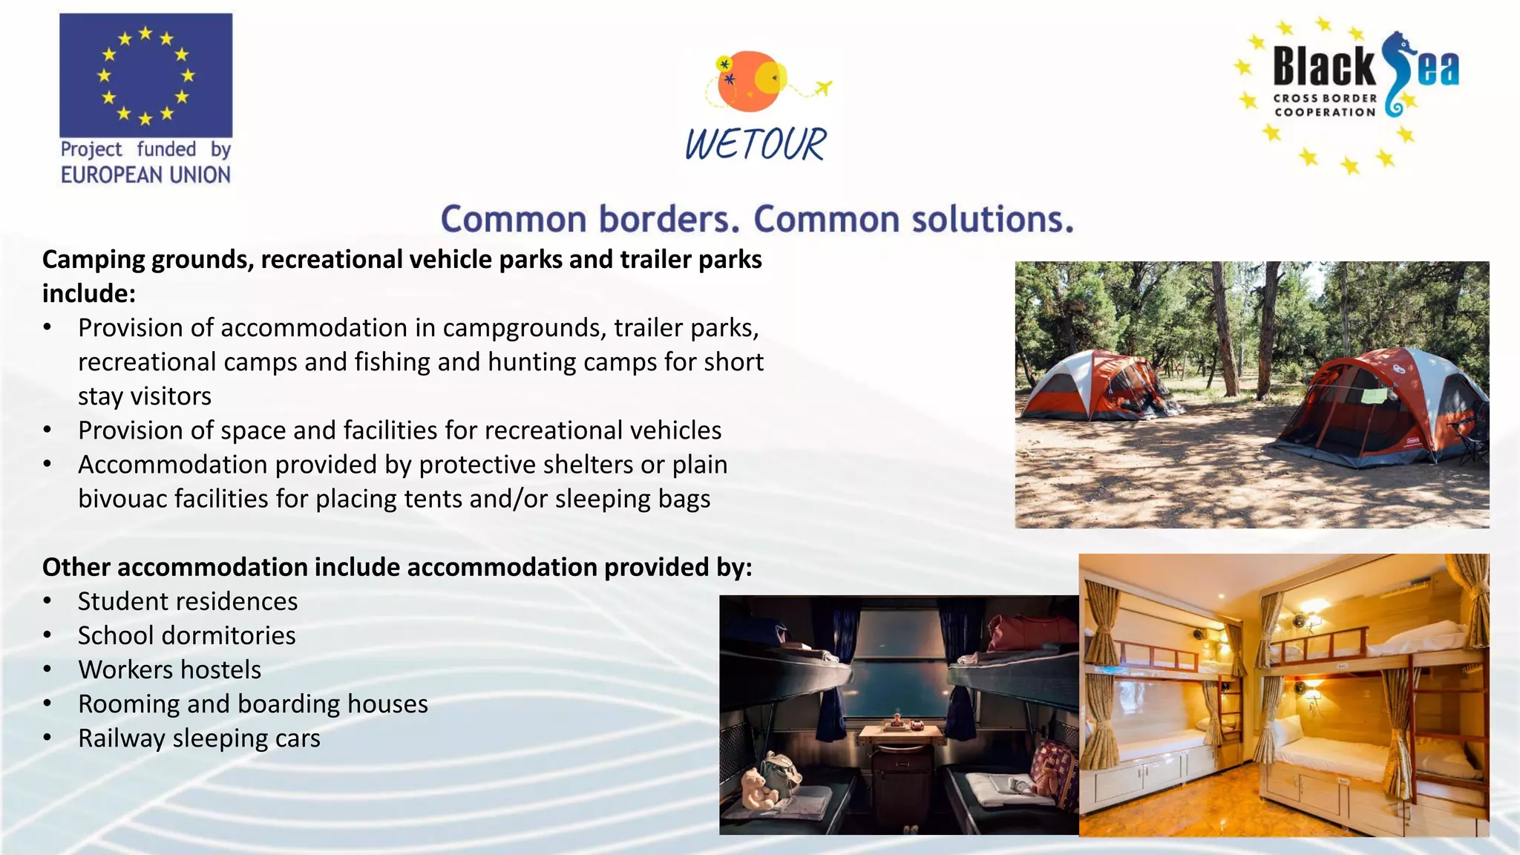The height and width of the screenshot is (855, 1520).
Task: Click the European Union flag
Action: (x=145, y=75)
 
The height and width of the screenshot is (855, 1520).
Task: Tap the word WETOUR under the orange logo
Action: (x=755, y=145)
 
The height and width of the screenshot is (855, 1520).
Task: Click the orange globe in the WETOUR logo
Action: (x=747, y=82)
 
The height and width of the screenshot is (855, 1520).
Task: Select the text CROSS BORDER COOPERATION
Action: (x=1325, y=105)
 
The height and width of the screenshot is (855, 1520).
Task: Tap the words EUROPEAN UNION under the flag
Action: (x=145, y=175)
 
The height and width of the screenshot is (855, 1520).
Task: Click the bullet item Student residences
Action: (x=188, y=601)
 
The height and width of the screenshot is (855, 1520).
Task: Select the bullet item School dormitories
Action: (x=186, y=635)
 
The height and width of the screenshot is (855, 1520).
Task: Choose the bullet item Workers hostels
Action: (x=169, y=669)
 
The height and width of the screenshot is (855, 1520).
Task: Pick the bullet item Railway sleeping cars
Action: (x=199, y=738)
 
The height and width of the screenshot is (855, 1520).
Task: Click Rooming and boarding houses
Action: (x=252, y=704)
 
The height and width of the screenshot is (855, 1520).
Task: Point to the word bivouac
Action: (x=122, y=499)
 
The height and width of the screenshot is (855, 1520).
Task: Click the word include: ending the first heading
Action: (x=89, y=294)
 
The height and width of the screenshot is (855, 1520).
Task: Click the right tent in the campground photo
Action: (x=1380, y=408)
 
